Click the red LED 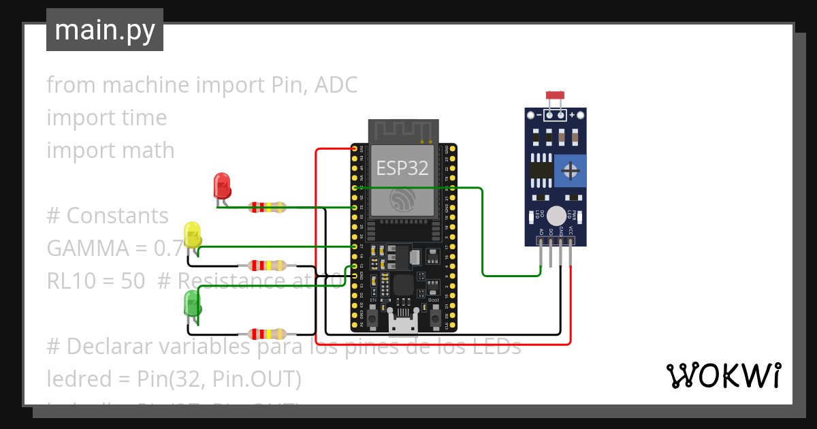(x=222, y=186)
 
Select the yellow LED (x=193, y=234)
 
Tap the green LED (x=193, y=303)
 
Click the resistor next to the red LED (x=267, y=207)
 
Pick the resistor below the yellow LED (x=267, y=266)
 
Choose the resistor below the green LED (x=267, y=333)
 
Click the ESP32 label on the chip (x=402, y=168)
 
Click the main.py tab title (x=105, y=30)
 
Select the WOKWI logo (x=723, y=375)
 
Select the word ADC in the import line (x=335, y=85)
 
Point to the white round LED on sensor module (x=556, y=216)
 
